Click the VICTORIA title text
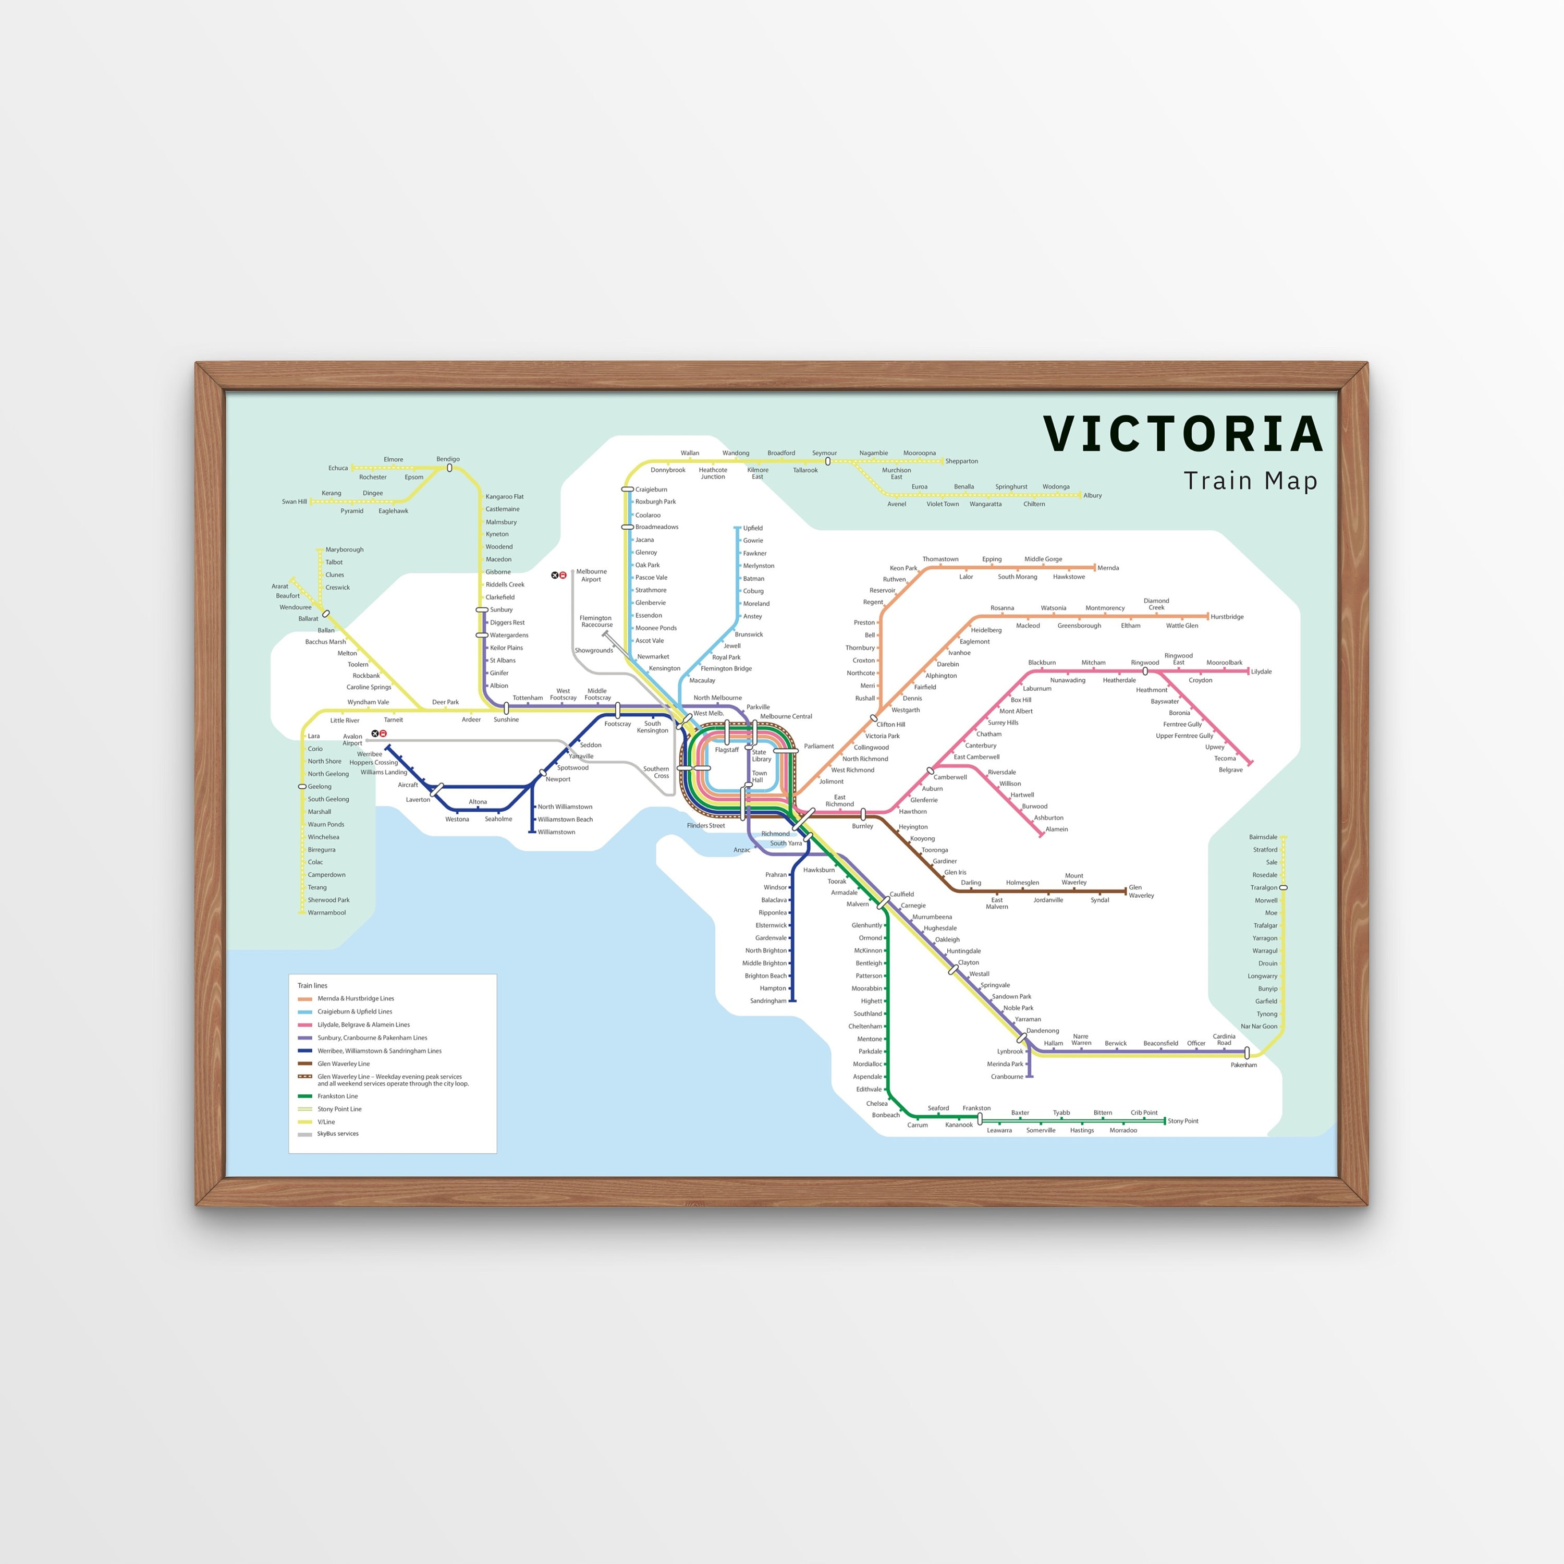[1183, 435]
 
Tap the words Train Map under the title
[1250, 481]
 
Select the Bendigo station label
[448, 459]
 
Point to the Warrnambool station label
[326, 912]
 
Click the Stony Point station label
[1183, 1121]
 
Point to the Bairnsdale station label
[1263, 837]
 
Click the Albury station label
[1092, 495]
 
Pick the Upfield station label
[753, 528]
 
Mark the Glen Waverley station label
[1141, 891]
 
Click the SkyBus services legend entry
[338, 1133]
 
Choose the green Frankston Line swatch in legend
[305, 1096]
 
